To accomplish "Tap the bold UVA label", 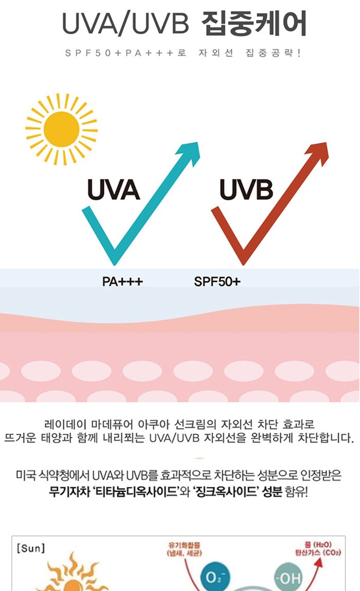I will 113,190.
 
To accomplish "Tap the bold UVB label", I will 246,190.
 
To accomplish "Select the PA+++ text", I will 122,281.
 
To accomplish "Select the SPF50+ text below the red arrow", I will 217,281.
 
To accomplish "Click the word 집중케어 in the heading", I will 254,24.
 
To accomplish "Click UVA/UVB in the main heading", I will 126,24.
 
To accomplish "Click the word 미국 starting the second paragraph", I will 25,475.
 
